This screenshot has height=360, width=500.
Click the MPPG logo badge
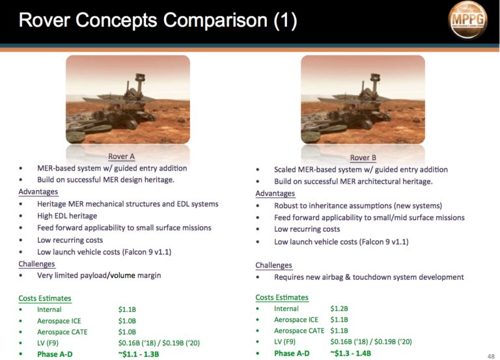pos(467,20)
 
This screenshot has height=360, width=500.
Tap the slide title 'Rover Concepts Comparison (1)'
pos(158,20)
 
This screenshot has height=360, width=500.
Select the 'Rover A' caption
pos(122,156)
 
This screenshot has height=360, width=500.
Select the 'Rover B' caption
pos(363,158)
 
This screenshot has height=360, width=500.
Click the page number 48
pos(491,356)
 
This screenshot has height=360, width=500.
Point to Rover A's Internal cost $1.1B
pos(127,309)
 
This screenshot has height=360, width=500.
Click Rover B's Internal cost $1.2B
pos(339,309)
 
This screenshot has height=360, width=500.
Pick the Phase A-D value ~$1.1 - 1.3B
pos(139,354)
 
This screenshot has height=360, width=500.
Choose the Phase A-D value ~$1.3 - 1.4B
pos(350,353)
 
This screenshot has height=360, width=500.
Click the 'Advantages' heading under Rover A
pos(38,191)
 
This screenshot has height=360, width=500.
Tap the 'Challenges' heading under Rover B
pos(273,266)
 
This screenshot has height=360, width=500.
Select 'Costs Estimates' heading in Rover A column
pos(45,298)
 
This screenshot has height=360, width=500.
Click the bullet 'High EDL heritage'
pos(67,216)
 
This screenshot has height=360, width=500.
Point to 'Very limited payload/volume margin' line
pos(99,275)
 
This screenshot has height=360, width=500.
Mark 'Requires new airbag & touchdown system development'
pos(369,277)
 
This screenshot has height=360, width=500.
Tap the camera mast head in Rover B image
pos(375,77)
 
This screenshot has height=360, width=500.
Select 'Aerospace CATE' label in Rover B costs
pos(299,331)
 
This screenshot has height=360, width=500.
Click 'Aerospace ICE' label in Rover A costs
pos(59,321)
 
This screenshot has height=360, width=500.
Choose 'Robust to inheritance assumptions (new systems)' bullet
pos(358,206)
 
